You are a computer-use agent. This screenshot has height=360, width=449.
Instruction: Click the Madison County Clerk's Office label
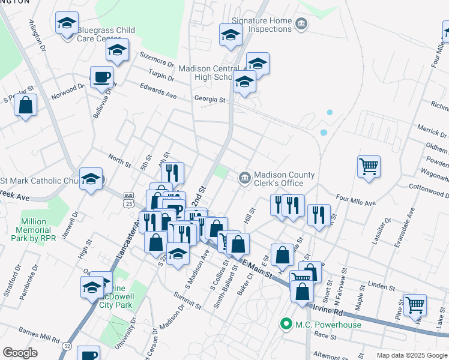pyautogui.click(x=284, y=179)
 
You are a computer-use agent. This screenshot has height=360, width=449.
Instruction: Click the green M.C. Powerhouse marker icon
pyautogui.click(x=286, y=325)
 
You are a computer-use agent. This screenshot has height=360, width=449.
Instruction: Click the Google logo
pyautogui.click(x=20, y=353)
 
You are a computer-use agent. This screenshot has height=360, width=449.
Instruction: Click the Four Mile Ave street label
pyautogui.click(x=355, y=200)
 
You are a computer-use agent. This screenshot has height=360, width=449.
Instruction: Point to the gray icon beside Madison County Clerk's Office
pyautogui.click(x=244, y=176)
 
